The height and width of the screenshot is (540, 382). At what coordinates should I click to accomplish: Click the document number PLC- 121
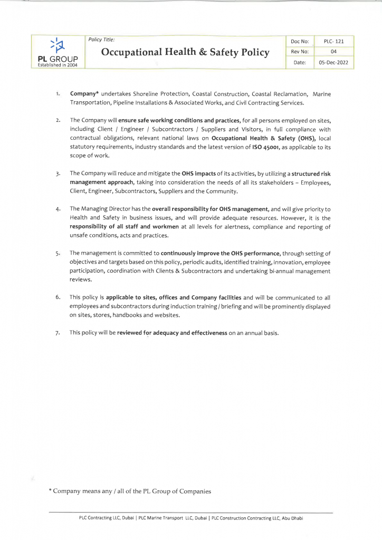tap(333, 41)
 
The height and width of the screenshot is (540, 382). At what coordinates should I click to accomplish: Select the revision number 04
tap(333, 52)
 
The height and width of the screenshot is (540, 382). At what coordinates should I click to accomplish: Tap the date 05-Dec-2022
tap(333, 63)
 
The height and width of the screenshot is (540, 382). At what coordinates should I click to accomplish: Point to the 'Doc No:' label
tap(299, 41)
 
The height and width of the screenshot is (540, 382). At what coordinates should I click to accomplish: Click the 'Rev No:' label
tap(299, 52)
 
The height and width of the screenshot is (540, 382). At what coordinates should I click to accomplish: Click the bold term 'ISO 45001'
tap(268, 147)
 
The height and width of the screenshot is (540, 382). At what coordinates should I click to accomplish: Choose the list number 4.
tap(58, 209)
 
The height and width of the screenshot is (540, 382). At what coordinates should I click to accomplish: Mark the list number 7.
tap(58, 333)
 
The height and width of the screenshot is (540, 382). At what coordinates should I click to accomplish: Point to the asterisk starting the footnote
tap(50, 490)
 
